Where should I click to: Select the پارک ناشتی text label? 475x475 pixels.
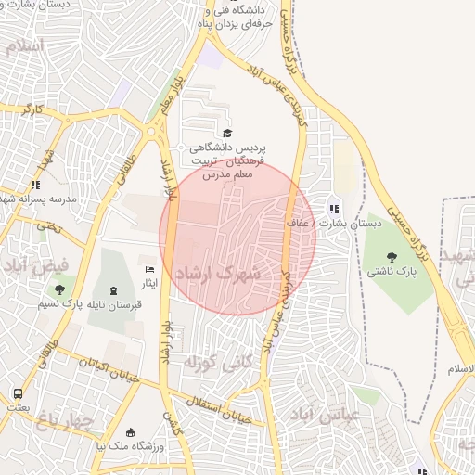(392, 272)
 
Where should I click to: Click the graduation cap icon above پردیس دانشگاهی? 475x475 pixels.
(228, 134)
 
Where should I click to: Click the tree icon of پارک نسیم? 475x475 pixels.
(59, 289)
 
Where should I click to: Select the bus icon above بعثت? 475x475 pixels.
(18, 393)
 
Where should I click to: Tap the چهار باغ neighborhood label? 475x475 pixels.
(65, 422)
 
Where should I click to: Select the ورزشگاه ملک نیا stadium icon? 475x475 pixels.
(130, 431)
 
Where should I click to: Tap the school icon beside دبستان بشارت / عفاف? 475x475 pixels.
(333, 209)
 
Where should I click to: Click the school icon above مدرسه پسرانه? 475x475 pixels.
(36, 185)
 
